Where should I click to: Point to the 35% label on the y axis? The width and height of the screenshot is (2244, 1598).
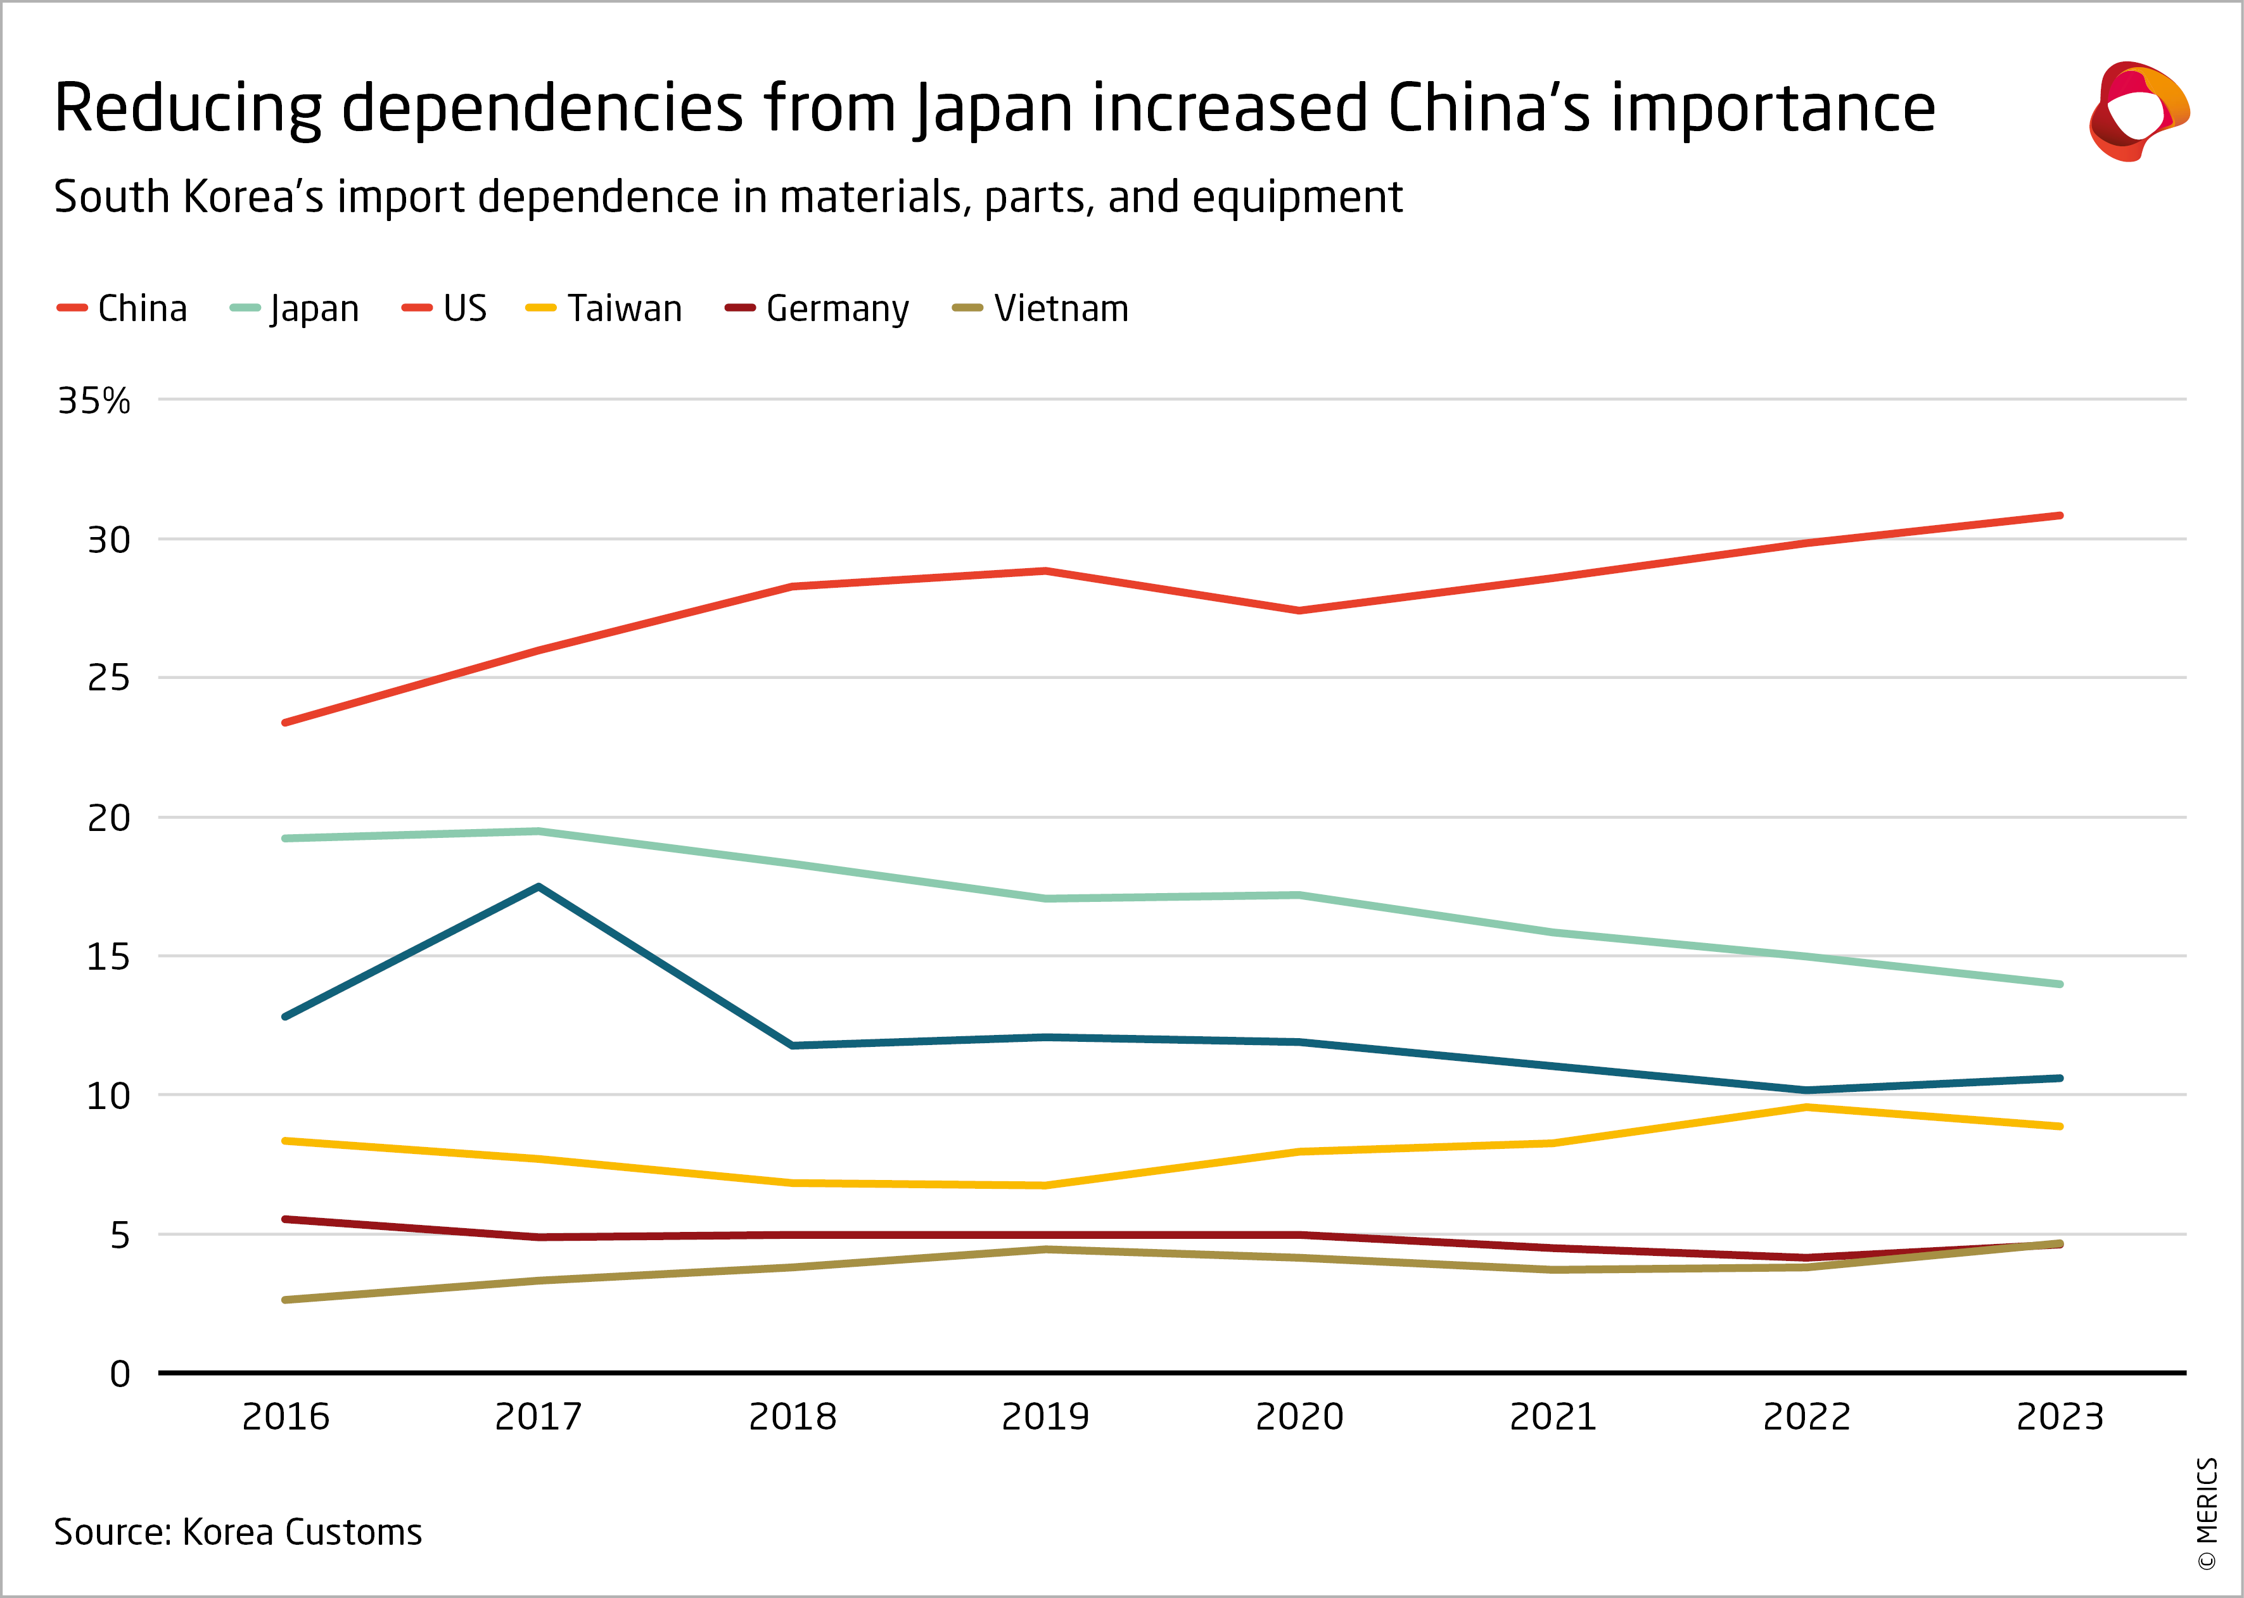point(94,402)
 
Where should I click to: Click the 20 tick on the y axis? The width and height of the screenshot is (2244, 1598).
point(108,818)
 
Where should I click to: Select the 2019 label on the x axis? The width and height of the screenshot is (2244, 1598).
point(1045,1417)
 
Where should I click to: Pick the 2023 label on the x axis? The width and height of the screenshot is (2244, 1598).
point(2060,1417)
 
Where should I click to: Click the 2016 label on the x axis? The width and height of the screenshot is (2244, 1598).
point(286,1417)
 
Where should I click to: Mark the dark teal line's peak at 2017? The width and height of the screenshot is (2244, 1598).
point(539,887)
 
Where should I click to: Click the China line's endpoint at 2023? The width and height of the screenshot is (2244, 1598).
point(2059,516)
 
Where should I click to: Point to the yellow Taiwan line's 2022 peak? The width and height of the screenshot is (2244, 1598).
point(1806,1108)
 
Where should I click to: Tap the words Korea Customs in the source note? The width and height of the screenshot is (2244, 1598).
point(302,1532)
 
